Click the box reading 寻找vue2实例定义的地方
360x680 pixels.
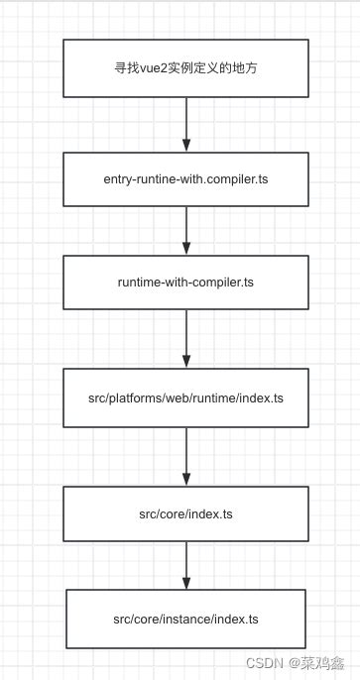185,69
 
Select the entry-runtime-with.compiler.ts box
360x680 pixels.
185,178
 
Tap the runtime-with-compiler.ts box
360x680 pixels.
185,282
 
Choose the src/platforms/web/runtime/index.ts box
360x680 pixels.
185,397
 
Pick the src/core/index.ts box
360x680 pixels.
185,513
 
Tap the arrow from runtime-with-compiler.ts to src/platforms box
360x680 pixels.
185,338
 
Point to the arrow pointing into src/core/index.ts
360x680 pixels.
185,456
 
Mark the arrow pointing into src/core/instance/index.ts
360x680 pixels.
185,565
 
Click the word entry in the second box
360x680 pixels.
118,178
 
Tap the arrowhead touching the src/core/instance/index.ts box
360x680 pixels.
185,582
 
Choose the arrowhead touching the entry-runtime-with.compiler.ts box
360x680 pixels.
185,146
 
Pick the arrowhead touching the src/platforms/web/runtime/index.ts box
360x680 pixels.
185,362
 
